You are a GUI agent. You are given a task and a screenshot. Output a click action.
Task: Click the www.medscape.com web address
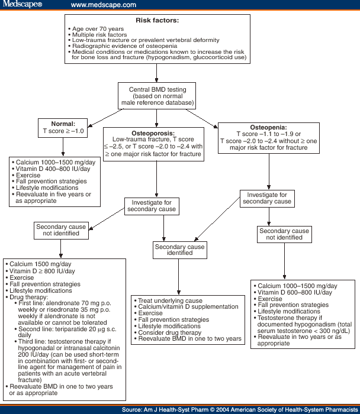103,5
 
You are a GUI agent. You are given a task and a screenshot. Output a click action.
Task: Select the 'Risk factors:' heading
157,20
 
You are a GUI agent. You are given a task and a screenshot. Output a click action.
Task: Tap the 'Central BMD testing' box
157,96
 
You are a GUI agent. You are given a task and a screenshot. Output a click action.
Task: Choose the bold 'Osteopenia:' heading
268,127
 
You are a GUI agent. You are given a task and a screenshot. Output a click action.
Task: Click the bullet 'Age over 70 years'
98,28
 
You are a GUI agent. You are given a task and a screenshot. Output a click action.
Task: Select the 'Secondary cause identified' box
179,250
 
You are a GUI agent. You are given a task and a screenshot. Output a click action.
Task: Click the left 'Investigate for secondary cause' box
152,206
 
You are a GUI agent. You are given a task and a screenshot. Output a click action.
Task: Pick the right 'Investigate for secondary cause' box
266,198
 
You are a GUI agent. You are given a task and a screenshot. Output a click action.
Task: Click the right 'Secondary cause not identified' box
284,234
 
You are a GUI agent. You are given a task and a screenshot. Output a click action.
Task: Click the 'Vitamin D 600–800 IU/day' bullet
294,292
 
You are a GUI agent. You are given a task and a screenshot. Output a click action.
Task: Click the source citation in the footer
239,409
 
